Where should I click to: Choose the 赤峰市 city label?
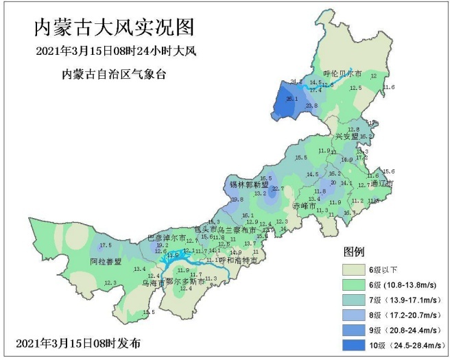pos(302,206)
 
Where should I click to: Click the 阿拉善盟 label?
pos(106,262)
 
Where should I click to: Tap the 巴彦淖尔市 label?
pos(167,237)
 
